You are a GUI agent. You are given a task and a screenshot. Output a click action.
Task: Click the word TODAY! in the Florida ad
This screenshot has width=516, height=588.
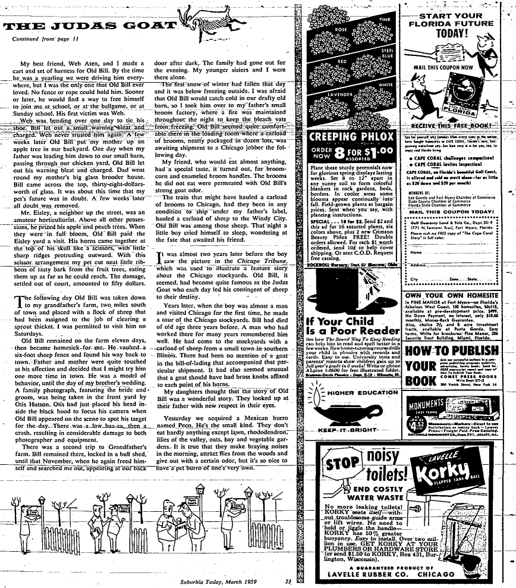click(x=454, y=32)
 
